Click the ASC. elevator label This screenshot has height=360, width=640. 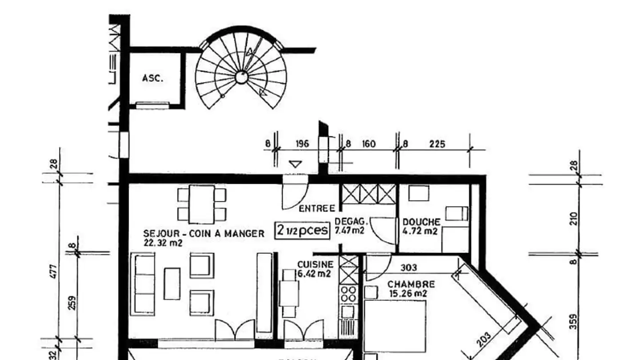(x=152, y=79)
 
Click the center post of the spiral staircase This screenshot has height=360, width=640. (x=241, y=77)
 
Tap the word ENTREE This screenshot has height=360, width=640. (x=316, y=208)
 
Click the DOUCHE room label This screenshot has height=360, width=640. (x=421, y=222)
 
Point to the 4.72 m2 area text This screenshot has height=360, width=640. (x=420, y=231)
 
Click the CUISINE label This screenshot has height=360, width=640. (x=315, y=264)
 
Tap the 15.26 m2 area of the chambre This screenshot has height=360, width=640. (x=408, y=293)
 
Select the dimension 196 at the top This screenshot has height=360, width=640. (x=302, y=144)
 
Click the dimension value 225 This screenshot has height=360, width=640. (x=437, y=144)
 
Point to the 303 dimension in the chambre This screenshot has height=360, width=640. (x=408, y=267)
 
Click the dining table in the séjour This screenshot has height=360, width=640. (x=202, y=204)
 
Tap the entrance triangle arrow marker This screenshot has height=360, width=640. (x=295, y=164)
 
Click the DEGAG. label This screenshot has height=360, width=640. (x=351, y=221)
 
